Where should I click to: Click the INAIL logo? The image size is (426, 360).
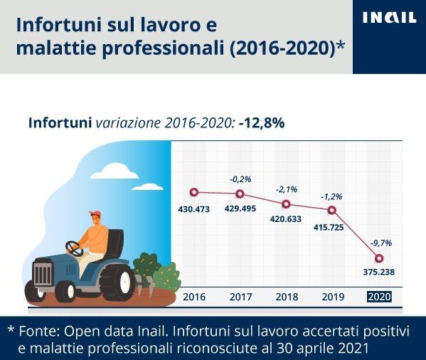[389, 17]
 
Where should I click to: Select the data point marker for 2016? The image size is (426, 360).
[194, 192]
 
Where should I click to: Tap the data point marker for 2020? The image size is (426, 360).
[379, 258]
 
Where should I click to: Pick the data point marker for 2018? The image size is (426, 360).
[286, 204]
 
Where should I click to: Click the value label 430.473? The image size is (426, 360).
[194, 209]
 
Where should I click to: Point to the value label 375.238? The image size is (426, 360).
[379, 272]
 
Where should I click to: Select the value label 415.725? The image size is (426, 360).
[329, 227]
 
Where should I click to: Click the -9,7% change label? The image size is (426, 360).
[381, 243]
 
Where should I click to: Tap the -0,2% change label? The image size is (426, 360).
[240, 179]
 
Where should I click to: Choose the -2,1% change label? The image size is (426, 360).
[287, 189]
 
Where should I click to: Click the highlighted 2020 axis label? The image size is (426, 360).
[379, 297]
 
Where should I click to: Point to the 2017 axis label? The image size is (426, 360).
[240, 297]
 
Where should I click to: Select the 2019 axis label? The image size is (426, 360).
[333, 297]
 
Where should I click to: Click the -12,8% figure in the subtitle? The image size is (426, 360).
[262, 123]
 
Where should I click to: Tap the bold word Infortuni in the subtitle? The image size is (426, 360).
[60, 123]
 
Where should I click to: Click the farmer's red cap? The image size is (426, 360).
[95, 214]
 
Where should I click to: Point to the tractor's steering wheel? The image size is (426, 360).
[74, 248]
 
